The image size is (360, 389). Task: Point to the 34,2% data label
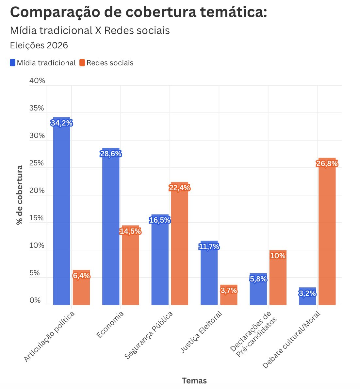(x=62, y=123)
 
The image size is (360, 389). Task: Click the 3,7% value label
(x=229, y=290)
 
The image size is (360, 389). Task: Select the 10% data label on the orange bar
(x=278, y=256)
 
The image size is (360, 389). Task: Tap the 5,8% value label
(x=258, y=279)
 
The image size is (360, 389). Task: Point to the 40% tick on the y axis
(x=37, y=81)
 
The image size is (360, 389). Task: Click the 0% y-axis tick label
(x=35, y=300)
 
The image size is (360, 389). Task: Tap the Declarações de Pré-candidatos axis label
(x=253, y=333)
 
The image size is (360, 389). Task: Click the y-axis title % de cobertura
(x=20, y=195)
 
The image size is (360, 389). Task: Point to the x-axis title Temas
(x=194, y=381)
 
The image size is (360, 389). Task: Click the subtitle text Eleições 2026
(x=39, y=45)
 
